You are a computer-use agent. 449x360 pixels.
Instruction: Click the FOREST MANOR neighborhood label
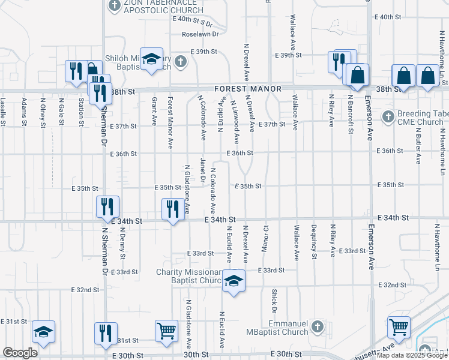249,89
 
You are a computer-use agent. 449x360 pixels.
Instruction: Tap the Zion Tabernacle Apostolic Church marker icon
114,6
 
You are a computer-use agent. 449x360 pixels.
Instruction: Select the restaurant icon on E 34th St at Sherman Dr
108,207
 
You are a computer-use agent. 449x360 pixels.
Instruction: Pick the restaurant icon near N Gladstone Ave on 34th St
173,209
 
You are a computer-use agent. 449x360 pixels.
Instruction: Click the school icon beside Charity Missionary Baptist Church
233,281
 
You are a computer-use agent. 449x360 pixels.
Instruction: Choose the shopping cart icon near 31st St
166,331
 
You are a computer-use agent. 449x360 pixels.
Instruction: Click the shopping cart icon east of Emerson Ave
399,328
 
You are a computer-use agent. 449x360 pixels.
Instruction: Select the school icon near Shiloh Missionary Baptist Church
152,59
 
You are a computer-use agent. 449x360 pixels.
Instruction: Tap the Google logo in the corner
20,353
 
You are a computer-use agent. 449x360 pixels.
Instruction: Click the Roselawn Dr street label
201,34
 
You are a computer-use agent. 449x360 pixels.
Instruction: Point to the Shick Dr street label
274,301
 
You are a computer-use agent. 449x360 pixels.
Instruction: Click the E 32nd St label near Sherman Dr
85,290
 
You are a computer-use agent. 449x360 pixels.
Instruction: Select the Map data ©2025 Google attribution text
412,355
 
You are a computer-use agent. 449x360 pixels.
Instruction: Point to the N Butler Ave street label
417,147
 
